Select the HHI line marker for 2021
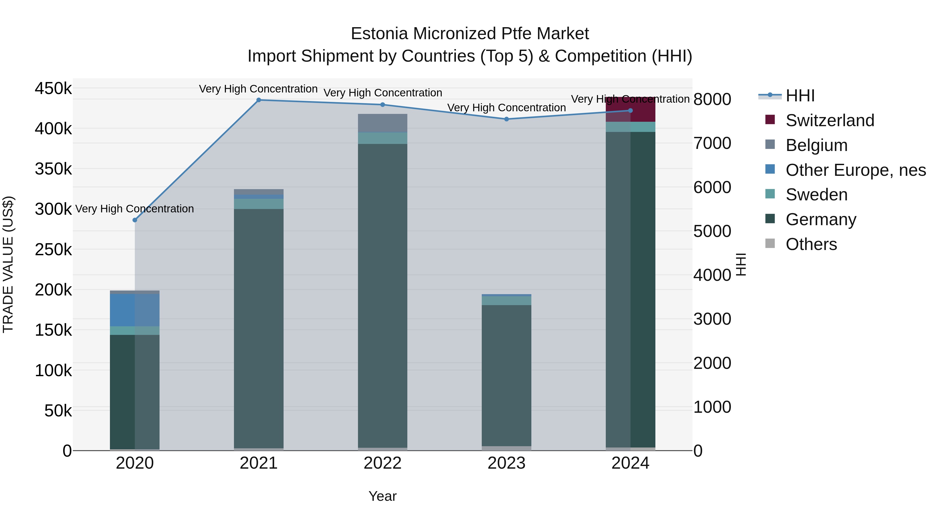coord(259,100)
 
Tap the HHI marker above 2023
coord(507,119)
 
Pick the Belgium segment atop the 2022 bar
coord(383,123)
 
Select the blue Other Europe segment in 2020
coord(135,310)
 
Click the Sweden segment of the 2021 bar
coord(259,204)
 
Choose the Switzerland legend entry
coord(830,120)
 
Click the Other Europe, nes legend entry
coord(855,170)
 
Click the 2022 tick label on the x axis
coord(383,463)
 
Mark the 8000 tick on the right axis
coord(712,99)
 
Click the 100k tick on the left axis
coord(53,370)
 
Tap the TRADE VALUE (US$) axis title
coord(8,264)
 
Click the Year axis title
coord(383,496)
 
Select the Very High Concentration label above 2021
coord(258,89)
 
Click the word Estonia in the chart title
coord(379,34)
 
